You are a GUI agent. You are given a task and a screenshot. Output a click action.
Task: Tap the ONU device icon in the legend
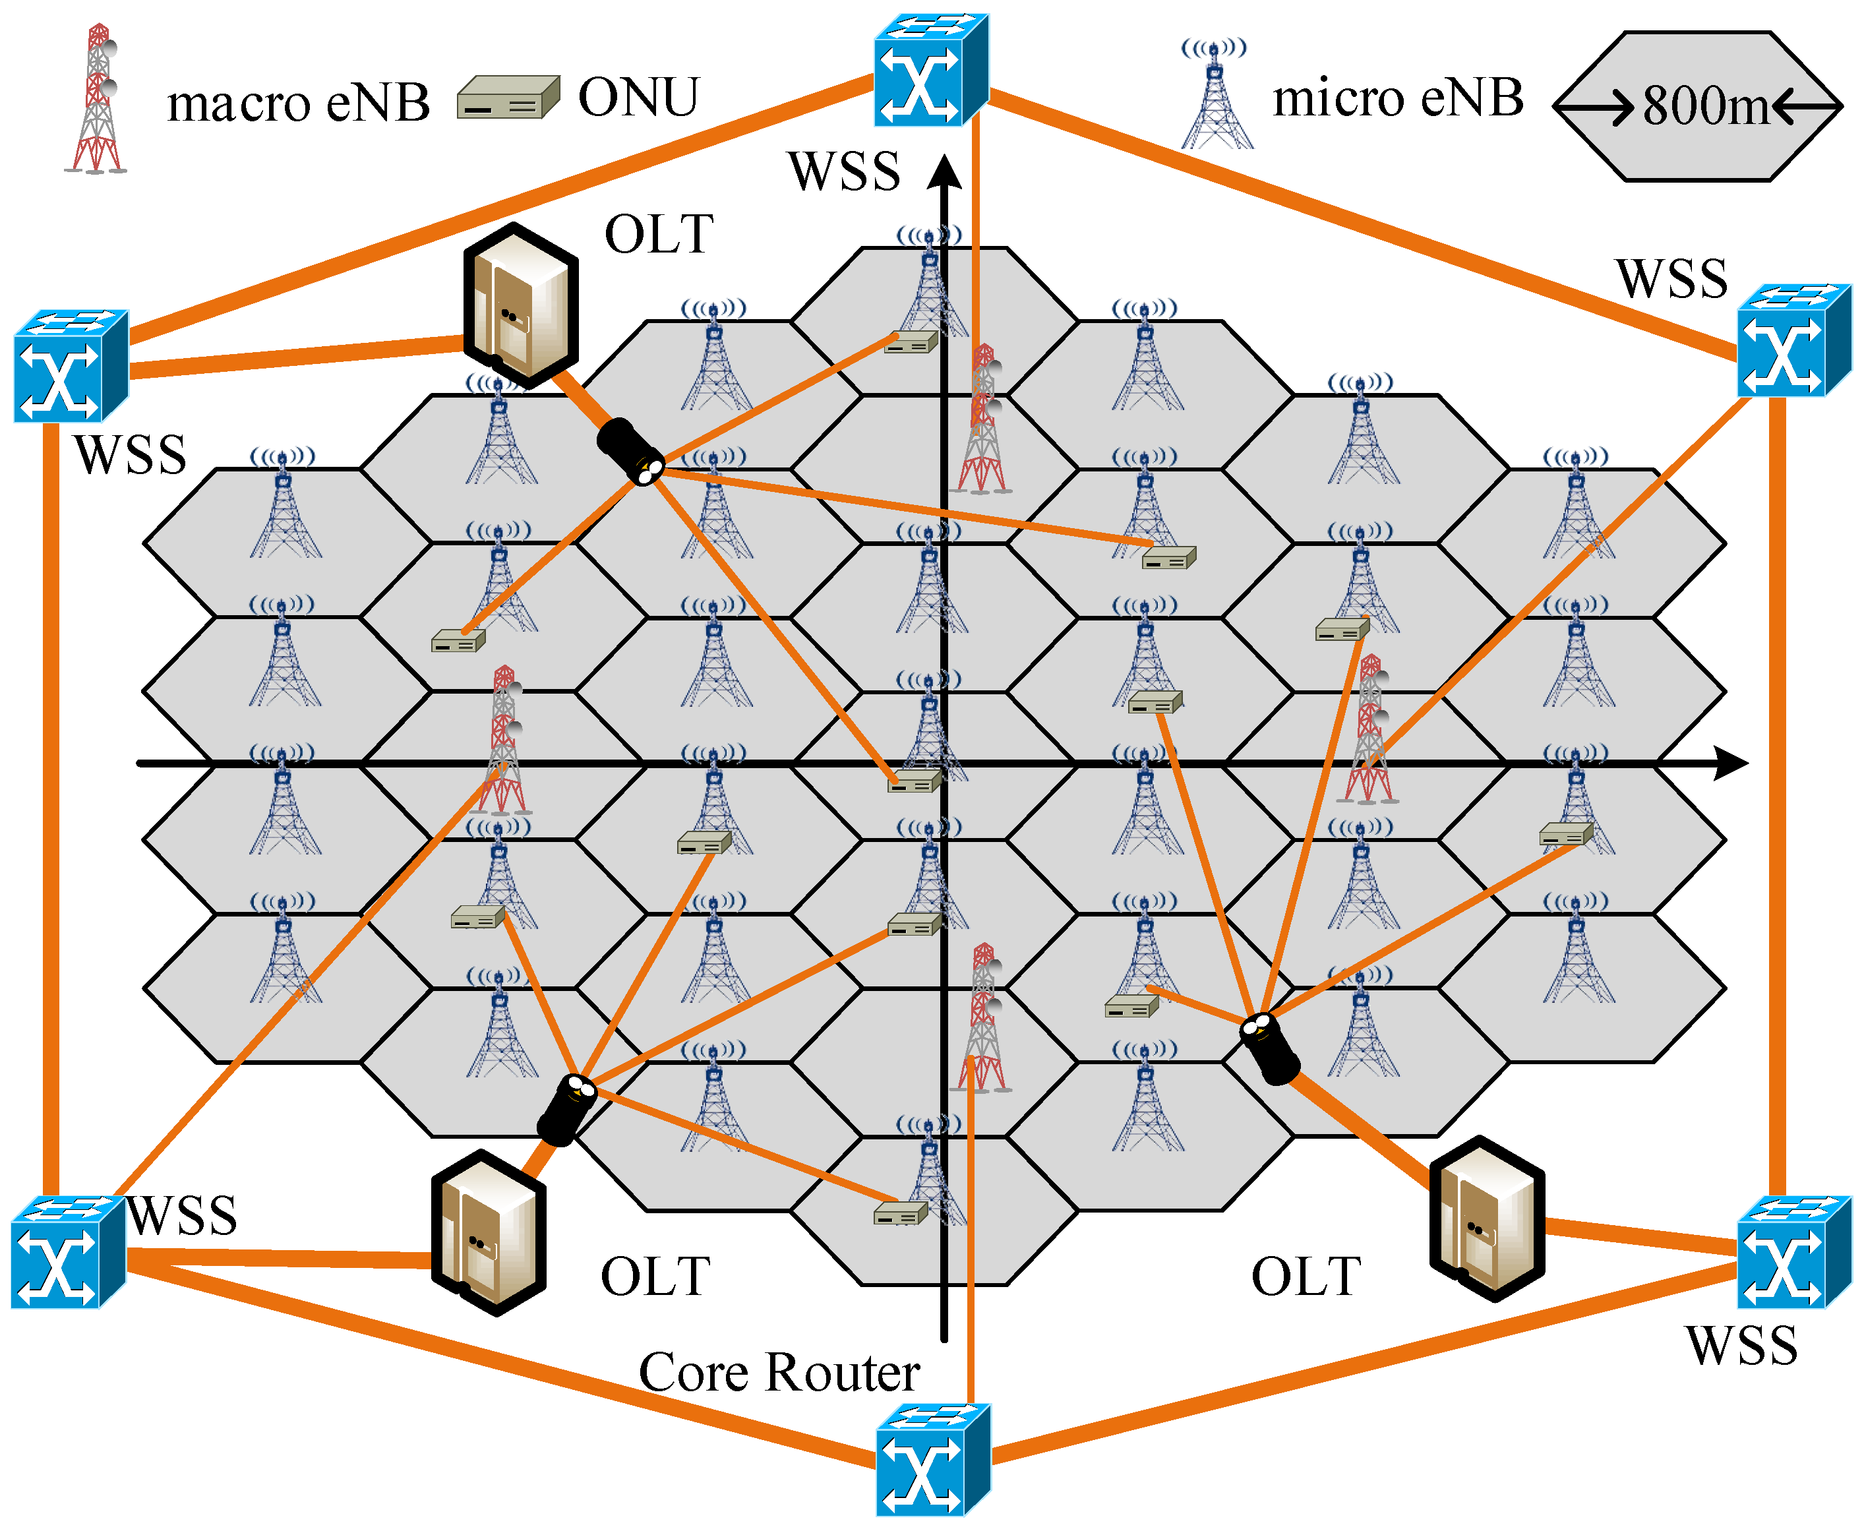point(508,97)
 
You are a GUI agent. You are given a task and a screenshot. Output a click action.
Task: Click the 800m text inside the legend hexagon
point(1705,106)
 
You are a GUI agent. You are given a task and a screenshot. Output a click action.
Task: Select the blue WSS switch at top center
point(932,70)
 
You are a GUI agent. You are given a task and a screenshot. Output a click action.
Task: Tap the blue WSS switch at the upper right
point(1794,340)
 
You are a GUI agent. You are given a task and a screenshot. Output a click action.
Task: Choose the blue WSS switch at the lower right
point(1794,1252)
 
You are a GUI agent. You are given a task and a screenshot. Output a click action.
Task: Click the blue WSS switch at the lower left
point(69,1252)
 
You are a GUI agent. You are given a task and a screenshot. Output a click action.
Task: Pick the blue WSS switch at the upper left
point(71,365)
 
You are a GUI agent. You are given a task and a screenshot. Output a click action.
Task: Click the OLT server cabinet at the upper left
point(522,305)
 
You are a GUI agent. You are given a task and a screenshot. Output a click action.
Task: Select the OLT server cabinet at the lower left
point(489,1233)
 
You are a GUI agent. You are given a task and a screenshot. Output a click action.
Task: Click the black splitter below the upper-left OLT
point(630,451)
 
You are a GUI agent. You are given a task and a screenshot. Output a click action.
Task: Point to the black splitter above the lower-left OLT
point(567,1110)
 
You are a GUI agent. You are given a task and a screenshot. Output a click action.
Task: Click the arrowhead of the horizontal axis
point(1732,763)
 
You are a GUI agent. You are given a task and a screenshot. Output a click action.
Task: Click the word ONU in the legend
point(638,97)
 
